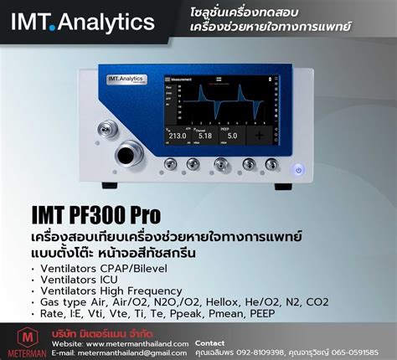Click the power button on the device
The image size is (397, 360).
point(299,170)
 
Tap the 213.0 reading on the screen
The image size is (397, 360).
point(177,134)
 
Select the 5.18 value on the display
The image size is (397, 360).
point(205,134)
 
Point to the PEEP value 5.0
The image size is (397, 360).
point(233,134)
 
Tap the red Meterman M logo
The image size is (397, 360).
point(24,338)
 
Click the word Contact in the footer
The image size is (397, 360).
point(209,343)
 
